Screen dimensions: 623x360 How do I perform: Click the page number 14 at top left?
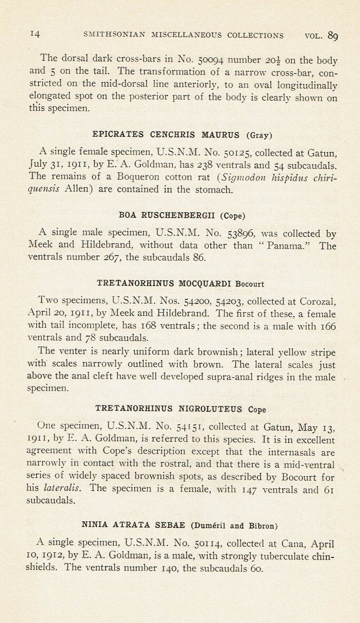pyautogui.click(x=35, y=35)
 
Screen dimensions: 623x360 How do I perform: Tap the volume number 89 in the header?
pyautogui.click(x=333, y=35)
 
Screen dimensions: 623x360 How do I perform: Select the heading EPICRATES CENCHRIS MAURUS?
pyautogui.click(x=166, y=135)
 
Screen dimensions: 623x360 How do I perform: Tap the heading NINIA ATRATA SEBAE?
pyautogui.click(x=135, y=525)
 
